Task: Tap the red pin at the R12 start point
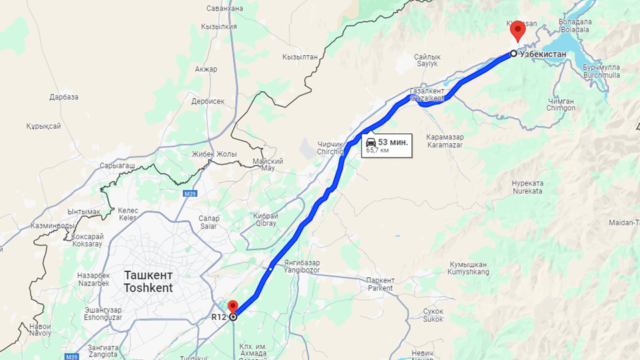[233, 307]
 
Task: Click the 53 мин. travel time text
[393, 142]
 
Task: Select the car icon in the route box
[371, 142]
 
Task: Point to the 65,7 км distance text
[377, 151]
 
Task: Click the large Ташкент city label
[149, 275]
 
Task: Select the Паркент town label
[381, 281]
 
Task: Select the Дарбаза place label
[64, 97]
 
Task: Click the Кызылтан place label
[300, 57]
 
